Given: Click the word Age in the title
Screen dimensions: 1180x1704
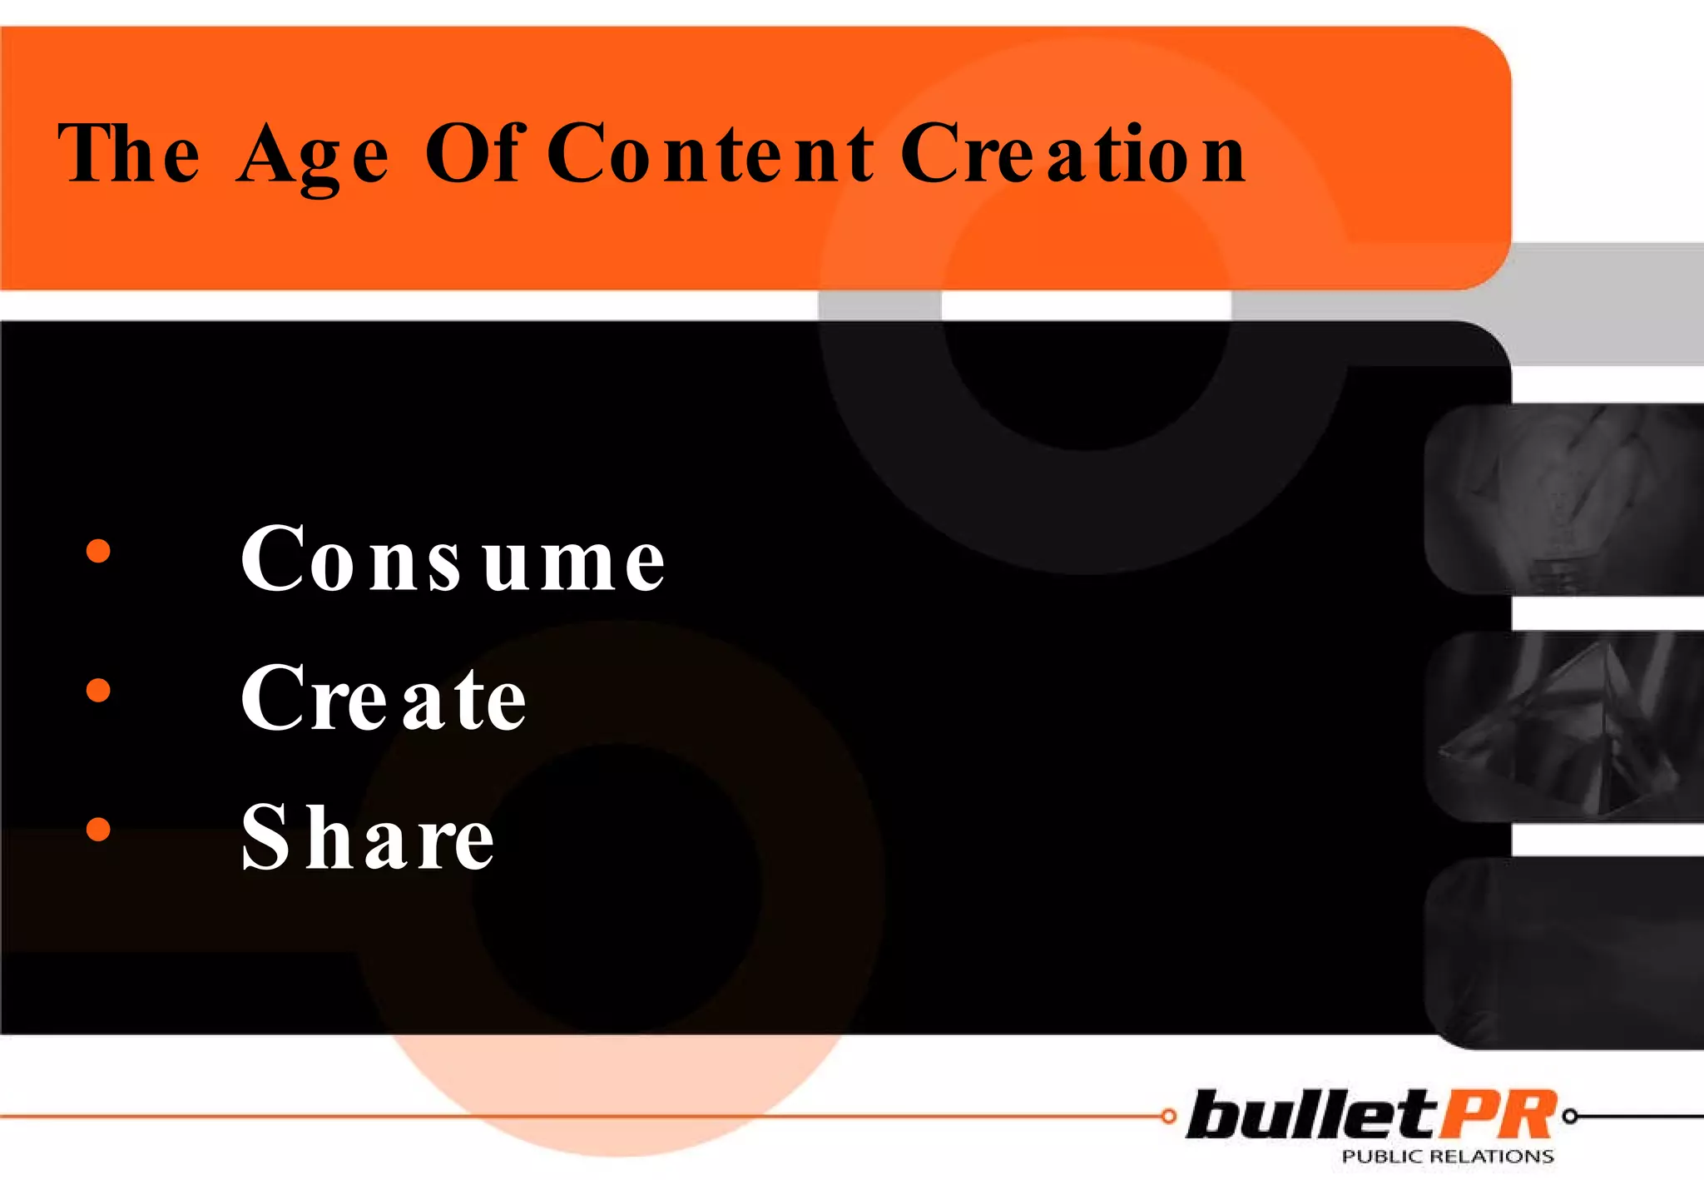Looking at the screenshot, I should pos(312,156).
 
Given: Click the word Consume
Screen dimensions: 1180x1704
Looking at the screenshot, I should pos(453,559).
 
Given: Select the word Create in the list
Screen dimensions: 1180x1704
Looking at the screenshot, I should pos(383,699).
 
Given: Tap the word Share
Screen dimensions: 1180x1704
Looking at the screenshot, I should pos(368,838).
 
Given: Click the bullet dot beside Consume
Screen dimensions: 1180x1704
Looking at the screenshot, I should pos(98,551).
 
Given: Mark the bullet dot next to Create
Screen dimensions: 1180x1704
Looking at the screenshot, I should pos(98,690).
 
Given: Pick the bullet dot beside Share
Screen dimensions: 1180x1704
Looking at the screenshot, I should pos(98,829).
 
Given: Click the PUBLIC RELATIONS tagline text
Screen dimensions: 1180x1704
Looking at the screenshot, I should pos(1448,1157).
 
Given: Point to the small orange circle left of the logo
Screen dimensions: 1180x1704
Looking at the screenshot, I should pos(1169,1117).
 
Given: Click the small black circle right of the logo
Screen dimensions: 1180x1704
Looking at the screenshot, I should pos(1570,1117).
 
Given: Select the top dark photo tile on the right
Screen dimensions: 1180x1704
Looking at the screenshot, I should pos(1564,499).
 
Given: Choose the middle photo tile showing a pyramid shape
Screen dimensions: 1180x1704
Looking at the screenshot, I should pos(1564,726).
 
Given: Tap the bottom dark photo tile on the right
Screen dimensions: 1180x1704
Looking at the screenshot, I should pos(1564,954).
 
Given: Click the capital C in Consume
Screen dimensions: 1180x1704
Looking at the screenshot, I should pos(272,559).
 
